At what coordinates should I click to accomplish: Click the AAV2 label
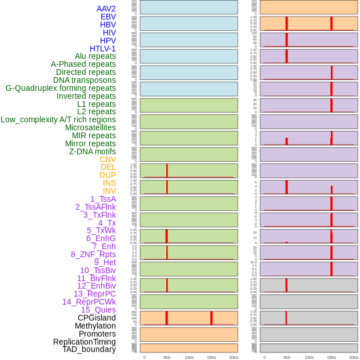106,9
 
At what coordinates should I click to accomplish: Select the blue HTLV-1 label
102,49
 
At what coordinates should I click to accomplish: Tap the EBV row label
108,17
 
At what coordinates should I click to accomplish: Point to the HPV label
107,41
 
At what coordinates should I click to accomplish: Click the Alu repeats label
95,56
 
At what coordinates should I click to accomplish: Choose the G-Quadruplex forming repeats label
61,88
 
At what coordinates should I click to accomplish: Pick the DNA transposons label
85,80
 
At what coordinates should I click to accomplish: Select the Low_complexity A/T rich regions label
58,119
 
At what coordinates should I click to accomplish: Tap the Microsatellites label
90,127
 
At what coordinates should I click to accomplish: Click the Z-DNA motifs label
92,151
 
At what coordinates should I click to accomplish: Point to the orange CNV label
107,159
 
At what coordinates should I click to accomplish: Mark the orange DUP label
107,175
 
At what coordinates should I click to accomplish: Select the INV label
109,191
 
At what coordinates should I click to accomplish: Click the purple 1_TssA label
103,199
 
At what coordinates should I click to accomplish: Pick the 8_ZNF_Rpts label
93,254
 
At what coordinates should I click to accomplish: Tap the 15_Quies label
98,310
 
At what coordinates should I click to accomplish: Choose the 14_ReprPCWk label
89,302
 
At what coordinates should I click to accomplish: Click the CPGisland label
97,318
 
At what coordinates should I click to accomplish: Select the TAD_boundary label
89,349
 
